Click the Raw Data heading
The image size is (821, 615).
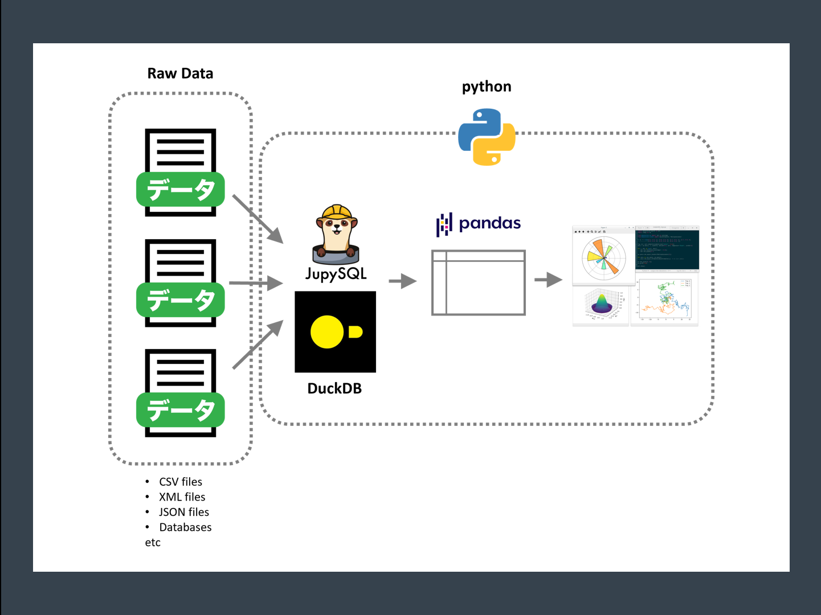180,73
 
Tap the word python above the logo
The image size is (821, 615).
487,87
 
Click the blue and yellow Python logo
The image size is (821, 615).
487,137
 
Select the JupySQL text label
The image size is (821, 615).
336,274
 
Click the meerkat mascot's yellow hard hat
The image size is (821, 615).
337,212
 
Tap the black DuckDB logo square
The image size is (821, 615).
335,332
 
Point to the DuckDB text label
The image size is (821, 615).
334,388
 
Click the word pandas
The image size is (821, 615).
489,223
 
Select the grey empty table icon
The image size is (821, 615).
479,282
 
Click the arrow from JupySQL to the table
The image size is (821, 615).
402,281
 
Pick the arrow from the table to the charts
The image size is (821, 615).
548,280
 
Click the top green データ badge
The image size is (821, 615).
180,190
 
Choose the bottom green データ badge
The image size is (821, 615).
180,410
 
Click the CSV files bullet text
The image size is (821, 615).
181,482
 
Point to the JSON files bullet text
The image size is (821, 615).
184,512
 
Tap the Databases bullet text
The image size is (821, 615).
185,527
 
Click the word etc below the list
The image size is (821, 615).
153,543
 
